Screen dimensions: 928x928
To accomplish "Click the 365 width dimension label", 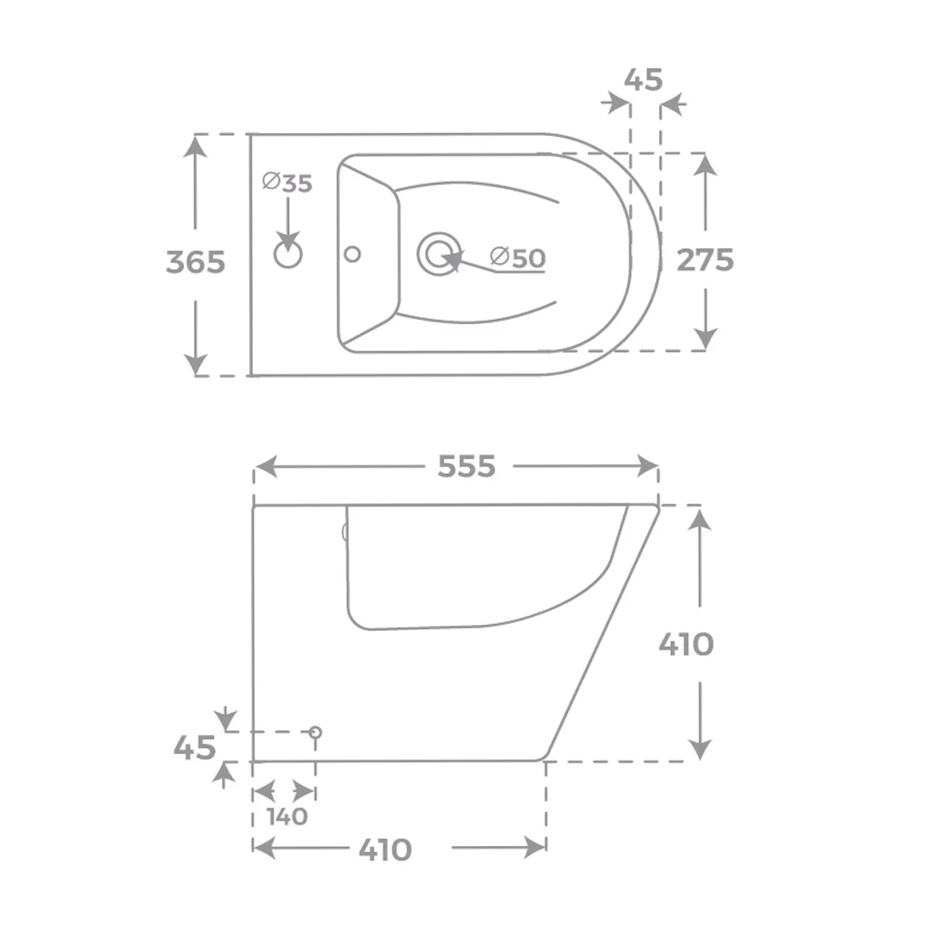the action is point(196,262).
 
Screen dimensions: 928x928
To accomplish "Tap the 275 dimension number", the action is point(705,260).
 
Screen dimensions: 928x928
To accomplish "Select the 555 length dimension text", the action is point(466,466).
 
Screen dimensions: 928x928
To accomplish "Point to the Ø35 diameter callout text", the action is point(288,183).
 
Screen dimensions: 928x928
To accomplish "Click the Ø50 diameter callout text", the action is point(517,258).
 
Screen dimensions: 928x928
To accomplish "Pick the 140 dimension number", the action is point(288,817).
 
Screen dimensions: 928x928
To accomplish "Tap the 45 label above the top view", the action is point(643,80).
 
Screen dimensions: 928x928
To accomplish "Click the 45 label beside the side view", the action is point(195,748).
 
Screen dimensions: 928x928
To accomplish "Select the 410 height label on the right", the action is point(686,644).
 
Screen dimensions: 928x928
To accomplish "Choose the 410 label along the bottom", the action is point(385,850).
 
